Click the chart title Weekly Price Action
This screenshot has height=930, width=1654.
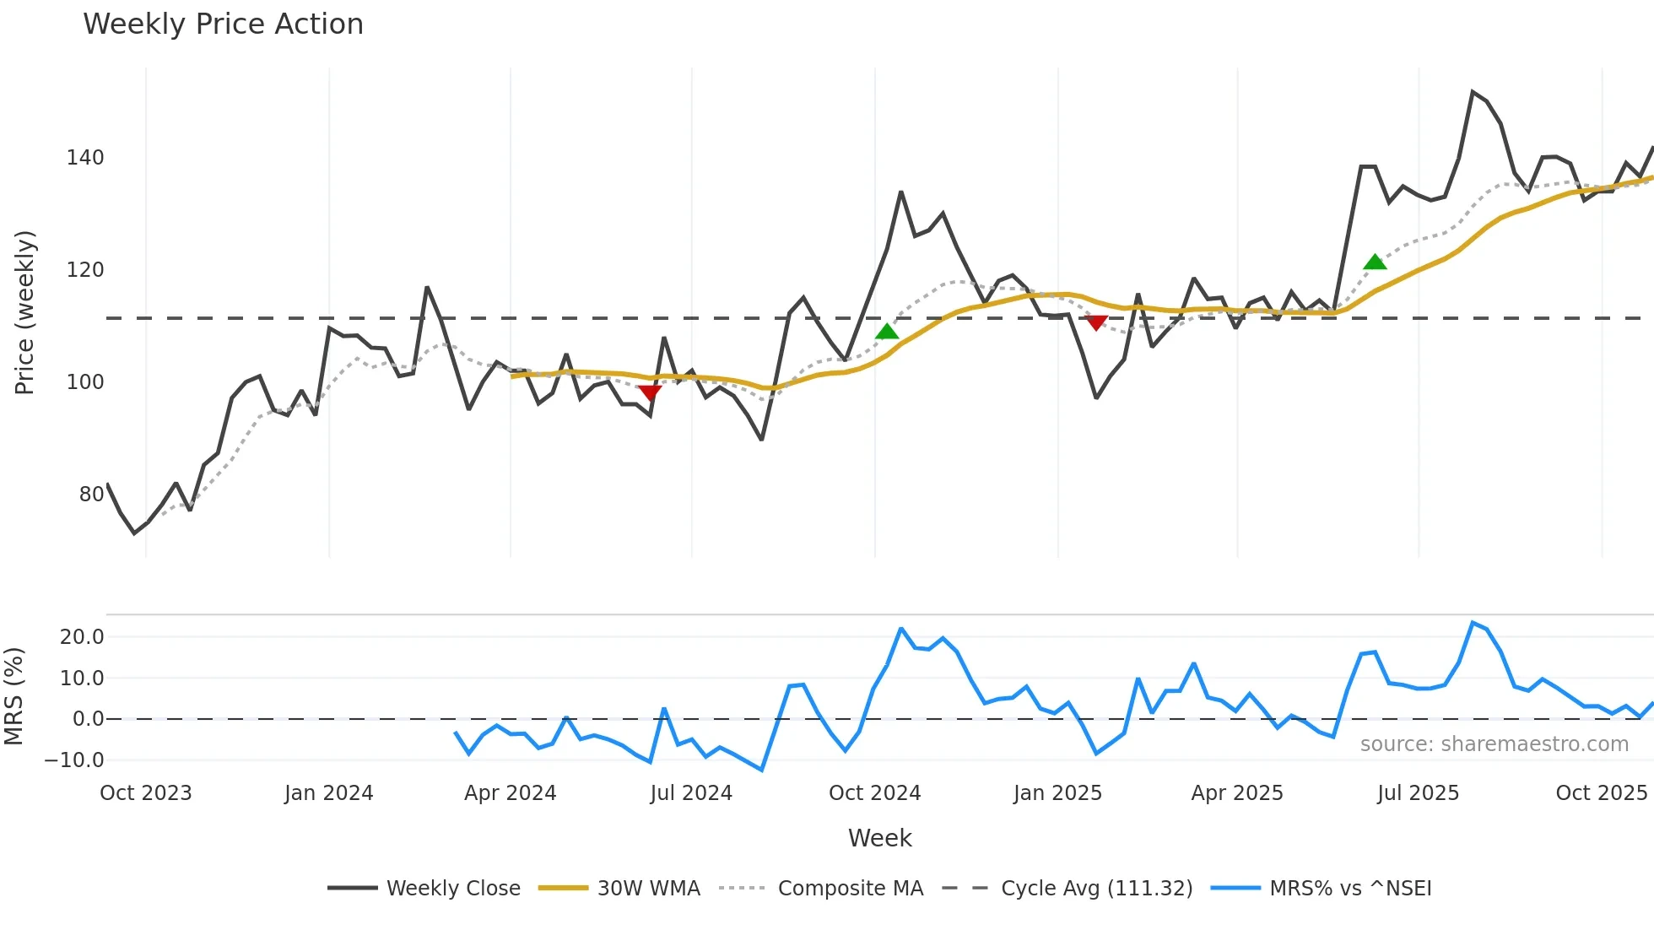click(223, 24)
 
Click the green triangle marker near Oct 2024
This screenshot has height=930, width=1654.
click(886, 332)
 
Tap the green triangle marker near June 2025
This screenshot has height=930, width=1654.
click(1375, 262)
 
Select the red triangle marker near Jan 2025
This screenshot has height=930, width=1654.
click(1095, 322)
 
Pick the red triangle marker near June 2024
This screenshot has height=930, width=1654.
click(650, 392)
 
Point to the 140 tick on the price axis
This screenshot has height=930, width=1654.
click(85, 158)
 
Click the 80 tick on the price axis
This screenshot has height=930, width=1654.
click(91, 495)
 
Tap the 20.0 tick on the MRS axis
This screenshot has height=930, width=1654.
click(82, 637)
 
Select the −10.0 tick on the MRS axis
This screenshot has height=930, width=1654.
click(74, 760)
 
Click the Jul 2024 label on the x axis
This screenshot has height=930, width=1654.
click(691, 793)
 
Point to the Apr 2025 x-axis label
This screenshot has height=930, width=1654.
click(1236, 793)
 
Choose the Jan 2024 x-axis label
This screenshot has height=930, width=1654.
click(328, 793)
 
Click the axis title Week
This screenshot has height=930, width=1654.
click(879, 838)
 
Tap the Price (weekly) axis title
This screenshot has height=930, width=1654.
click(24, 312)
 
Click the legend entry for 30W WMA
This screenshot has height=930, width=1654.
click(648, 889)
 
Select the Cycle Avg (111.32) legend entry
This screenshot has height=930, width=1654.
click(1096, 889)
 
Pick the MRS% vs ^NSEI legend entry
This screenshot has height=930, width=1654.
click(1350, 889)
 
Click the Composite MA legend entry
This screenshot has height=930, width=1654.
click(850, 889)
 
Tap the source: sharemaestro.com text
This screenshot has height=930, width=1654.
click(1494, 744)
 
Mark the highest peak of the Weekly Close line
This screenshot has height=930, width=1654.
click(1473, 92)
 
